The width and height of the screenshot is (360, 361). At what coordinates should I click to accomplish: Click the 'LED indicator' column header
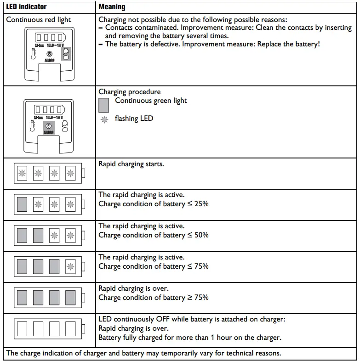pyautogui.click(x=26, y=7)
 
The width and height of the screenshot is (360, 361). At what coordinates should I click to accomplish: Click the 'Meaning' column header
pyautogui.click(x=112, y=7)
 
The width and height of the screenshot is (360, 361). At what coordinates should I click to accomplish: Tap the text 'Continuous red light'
pyautogui.click(x=39, y=20)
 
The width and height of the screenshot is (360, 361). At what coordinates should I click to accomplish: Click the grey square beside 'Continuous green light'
pyautogui.click(x=104, y=105)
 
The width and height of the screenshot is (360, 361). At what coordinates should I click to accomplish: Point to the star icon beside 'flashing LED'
pyautogui.click(x=104, y=119)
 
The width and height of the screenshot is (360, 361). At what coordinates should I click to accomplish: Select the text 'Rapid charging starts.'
pyautogui.click(x=131, y=164)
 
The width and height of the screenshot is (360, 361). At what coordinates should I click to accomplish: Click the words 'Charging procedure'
pyautogui.click(x=130, y=92)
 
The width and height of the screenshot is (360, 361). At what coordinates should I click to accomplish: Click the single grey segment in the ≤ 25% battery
pyautogui.click(x=22, y=203)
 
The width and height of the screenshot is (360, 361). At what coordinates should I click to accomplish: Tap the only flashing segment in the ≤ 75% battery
pyautogui.click(x=70, y=266)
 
